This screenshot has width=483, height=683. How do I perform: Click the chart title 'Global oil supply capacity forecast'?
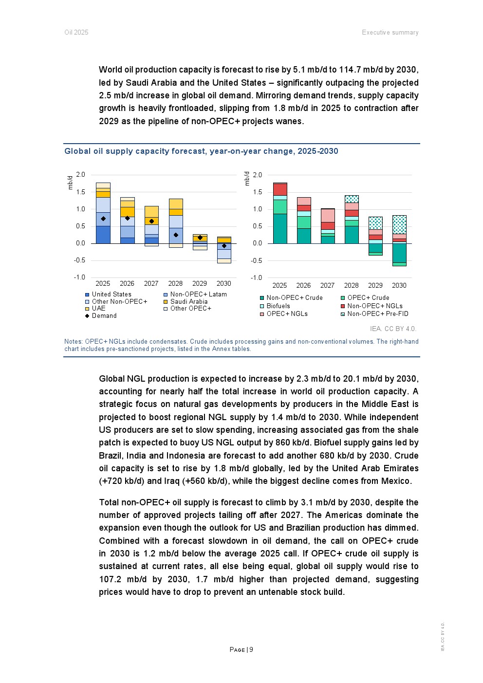click(201, 151)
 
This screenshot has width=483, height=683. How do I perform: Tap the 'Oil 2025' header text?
click(76, 32)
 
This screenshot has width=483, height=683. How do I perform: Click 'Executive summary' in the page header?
click(390, 32)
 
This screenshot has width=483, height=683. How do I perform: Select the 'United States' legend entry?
click(111, 294)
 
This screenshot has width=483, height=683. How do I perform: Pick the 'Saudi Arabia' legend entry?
click(188, 301)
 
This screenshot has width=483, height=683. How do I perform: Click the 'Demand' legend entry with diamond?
click(104, 315)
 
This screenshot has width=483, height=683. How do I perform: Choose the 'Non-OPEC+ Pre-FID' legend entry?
click(377, 314)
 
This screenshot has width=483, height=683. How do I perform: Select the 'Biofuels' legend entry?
click(278, 306)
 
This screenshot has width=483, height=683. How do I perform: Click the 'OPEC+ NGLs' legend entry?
click(287, 314)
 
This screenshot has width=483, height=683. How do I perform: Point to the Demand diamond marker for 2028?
click(176, 235)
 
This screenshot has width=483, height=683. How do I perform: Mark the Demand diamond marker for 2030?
click(224, 246)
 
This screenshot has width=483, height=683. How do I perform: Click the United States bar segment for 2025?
click(103, 235)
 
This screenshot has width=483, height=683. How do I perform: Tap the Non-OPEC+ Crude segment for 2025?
click(280, 229)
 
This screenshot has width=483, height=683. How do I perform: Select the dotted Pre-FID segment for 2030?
click(399, 224)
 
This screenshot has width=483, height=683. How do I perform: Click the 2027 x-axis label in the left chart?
click(151, 283)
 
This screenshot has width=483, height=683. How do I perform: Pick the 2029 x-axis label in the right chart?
click(375, 285)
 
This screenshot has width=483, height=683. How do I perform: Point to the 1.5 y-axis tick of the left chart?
click(80, 192)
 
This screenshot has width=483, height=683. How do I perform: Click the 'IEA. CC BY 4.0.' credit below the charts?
click(393, 329)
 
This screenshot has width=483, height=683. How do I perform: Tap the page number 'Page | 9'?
click(241, 649)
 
